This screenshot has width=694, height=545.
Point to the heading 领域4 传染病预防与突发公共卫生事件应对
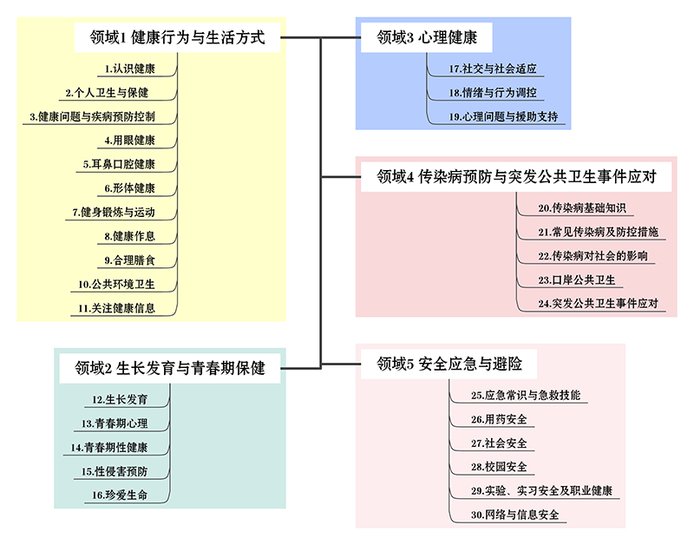tap(515, 178)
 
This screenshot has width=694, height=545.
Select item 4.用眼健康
tap(130, 140)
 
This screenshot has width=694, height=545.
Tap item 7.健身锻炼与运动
tap(114, 212)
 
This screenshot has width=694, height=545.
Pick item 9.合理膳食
tap(130, 259)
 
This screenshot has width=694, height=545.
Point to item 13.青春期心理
tap(115, 424)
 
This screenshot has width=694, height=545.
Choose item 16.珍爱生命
tap(121, 495)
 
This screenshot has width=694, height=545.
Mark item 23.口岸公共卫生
tap(577, 279)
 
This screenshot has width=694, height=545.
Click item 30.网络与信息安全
tap(514, 515)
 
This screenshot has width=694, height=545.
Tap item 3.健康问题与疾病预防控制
tap(92, 115)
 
